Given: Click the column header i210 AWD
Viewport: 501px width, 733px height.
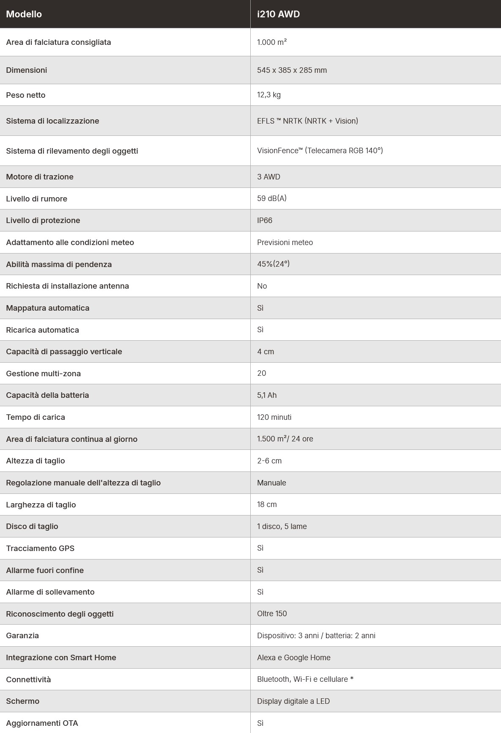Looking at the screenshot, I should coord(278,14).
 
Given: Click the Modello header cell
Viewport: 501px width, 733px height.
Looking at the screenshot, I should coord(24,14).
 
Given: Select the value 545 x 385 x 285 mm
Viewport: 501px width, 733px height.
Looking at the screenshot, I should coord(292,70).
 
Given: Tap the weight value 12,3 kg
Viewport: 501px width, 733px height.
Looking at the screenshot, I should coord(268,95).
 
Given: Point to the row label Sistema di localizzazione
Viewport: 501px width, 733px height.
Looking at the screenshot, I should coord(52,121).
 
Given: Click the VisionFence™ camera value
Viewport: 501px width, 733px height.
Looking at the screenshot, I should coord(320,151).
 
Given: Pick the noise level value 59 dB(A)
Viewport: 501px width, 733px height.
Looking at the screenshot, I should coord(271,198).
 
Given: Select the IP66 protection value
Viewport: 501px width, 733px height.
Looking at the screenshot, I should coord(265,220).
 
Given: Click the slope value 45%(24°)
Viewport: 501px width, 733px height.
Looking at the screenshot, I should coord(273,264).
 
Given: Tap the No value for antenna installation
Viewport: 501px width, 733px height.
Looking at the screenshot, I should coord(262,286).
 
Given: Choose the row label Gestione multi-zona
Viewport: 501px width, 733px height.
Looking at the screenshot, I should coord(43,374).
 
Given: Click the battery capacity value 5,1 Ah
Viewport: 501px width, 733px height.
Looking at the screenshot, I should coord(267,395).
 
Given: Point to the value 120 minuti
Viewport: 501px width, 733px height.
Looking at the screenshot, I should coord(274,417).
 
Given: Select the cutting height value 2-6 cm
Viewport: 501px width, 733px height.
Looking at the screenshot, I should coord(269,461).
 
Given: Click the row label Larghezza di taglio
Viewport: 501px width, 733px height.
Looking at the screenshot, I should coord(41,505).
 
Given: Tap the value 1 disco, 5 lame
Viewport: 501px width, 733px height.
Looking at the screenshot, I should coord(282,526).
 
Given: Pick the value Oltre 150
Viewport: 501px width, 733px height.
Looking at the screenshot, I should coord(272,614).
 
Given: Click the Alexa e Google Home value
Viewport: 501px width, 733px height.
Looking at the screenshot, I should coord(293,658).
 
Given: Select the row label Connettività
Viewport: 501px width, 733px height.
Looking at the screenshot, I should coord(28,680).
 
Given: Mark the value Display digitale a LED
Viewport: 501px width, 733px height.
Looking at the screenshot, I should coord(293,701).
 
